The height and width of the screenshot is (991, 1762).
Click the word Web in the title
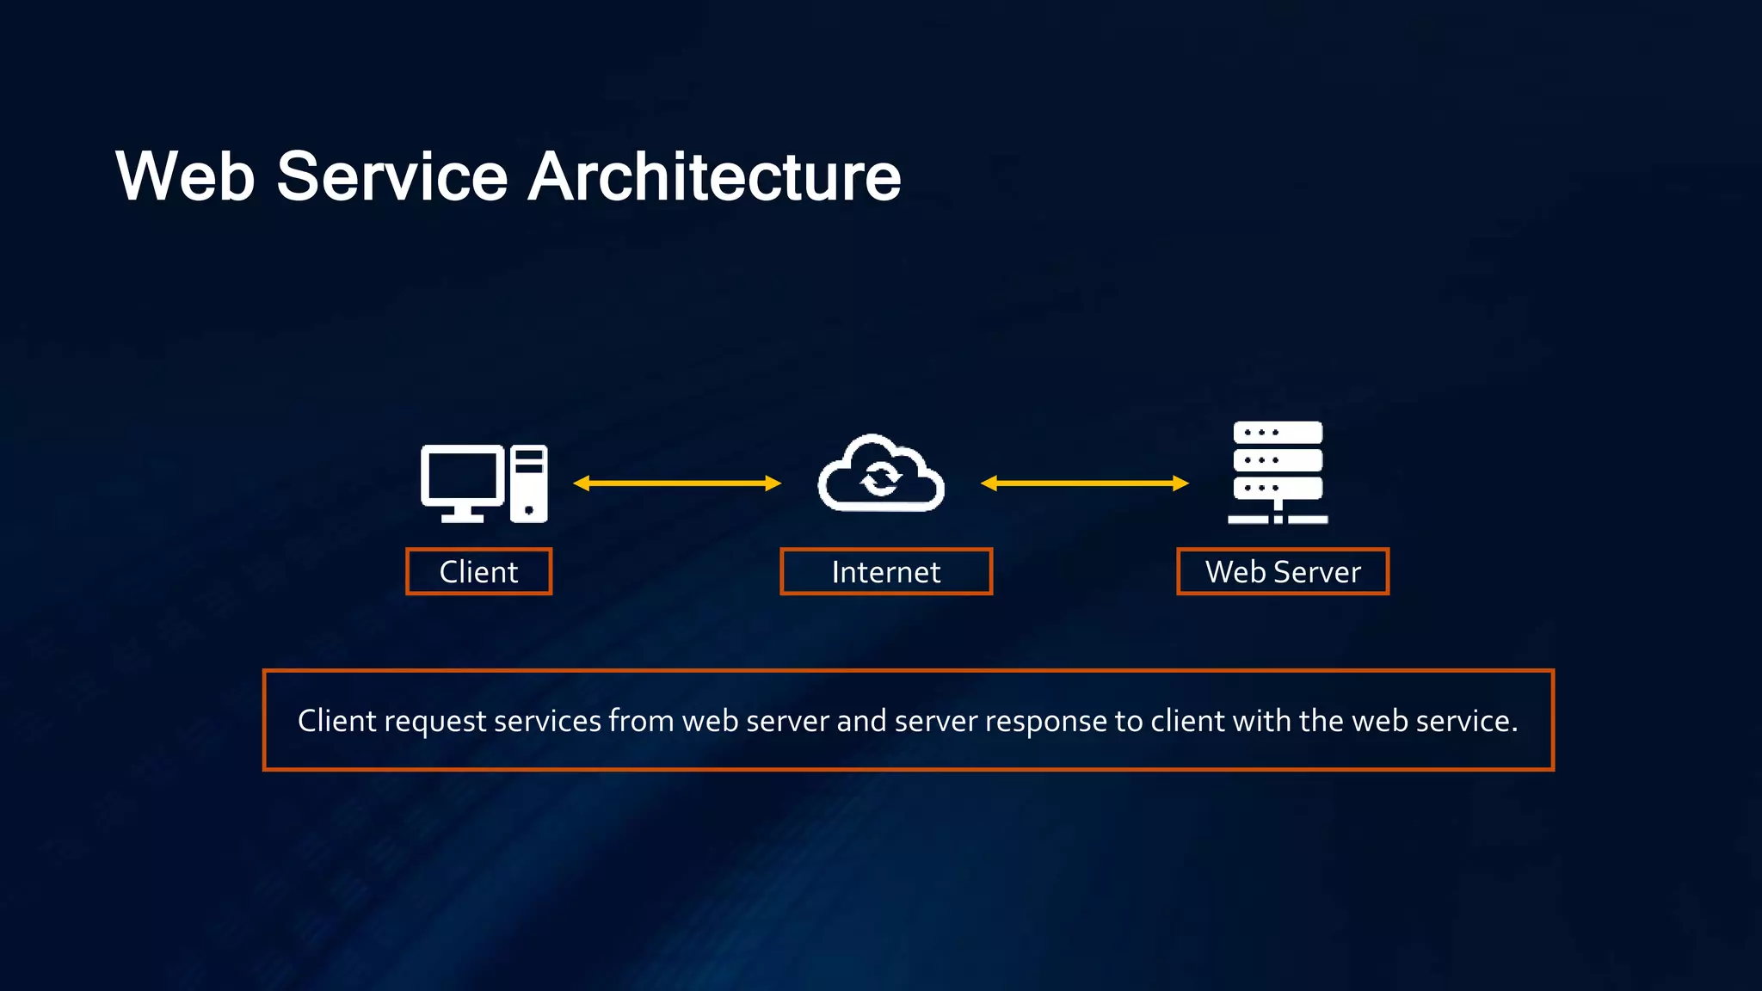point(185,176)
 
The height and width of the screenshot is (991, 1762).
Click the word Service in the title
point(391,176)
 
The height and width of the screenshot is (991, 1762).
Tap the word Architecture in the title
point(714,176)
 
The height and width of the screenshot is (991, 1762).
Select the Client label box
point(478,572)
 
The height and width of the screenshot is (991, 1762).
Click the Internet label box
point(886,572)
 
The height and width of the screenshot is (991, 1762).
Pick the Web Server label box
point(1283,572)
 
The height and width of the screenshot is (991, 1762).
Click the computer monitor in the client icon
point(461,478)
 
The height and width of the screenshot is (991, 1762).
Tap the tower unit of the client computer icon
point(528,483)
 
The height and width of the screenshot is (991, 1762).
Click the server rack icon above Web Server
point(1278,471)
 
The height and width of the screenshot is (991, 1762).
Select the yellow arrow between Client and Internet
point(677,483)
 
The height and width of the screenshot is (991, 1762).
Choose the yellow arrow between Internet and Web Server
point(1085,483)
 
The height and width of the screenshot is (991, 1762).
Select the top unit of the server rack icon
point(1278,432)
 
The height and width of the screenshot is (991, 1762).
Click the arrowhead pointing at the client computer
point(582,483)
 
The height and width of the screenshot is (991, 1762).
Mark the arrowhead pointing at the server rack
point(1180,483)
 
